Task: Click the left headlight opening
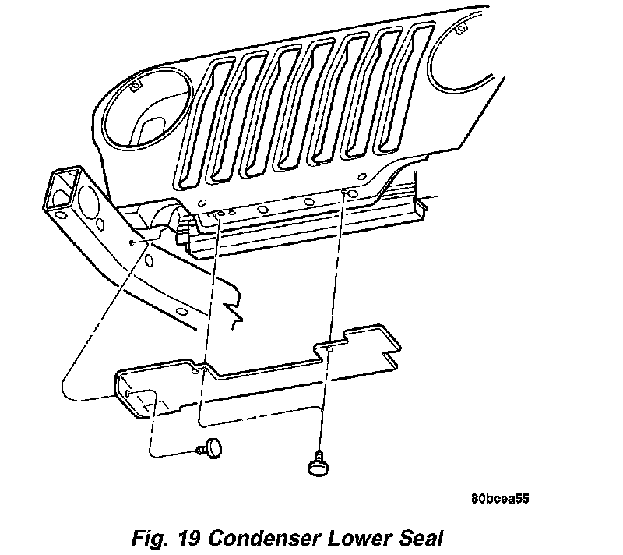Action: tap(144, 108)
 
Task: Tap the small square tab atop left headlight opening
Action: tap(134, 85)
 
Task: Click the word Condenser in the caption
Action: tap(258, 537)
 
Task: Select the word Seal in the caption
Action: tap(423, 537)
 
